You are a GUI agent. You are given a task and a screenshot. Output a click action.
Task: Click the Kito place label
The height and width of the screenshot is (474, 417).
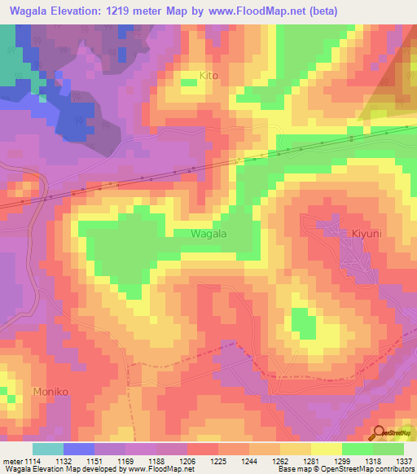(x=210, y=76)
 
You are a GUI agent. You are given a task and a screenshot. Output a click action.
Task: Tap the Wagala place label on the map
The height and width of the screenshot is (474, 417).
(x=208, y=234)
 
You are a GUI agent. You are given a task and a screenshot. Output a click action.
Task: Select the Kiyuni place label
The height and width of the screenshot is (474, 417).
(x=349, y=234)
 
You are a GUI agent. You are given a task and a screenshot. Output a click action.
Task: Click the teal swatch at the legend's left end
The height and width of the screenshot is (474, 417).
(x=47, y=449)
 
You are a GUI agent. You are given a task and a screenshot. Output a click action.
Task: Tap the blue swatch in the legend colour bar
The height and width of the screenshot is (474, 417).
(x=78, y=449)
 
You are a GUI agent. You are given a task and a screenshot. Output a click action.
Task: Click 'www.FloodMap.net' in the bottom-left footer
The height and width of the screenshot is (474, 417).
(x=160, y=468)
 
